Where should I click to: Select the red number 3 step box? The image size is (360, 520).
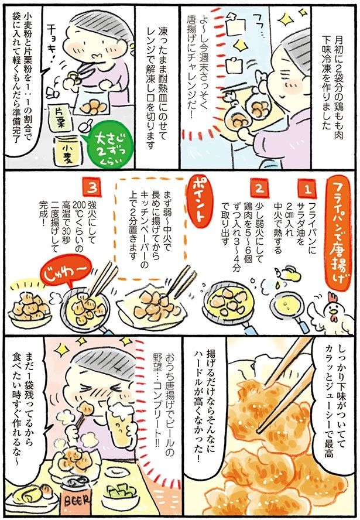tap(91, 188)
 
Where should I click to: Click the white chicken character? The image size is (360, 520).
tap(332, 313)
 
